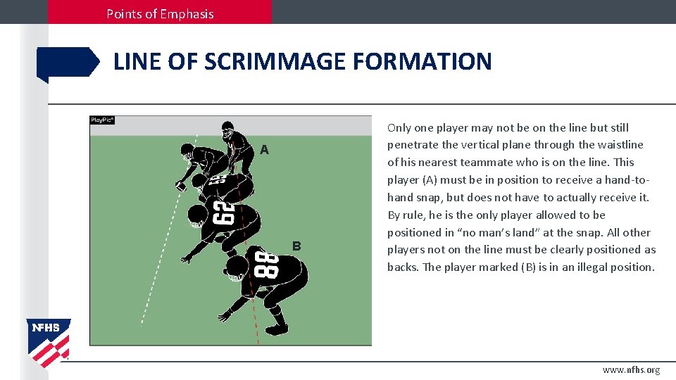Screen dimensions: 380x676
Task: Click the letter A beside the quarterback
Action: click(x=264, y=150)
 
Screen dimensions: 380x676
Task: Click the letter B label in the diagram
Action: click(x=296, y=246)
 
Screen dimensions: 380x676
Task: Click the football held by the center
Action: click(x=180, y=186)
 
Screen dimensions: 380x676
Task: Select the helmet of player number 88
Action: click(x=236, y=268)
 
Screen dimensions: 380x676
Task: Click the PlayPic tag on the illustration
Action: click(x=102, y=120)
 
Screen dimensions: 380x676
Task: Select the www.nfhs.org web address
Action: click(x=631, y=370)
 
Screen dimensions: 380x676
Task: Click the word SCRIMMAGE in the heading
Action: click(x=276, y=62)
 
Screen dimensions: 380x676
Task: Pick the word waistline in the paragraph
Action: click(x=620, y=145)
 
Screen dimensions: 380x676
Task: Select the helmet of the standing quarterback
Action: click(x=227, y=129)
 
